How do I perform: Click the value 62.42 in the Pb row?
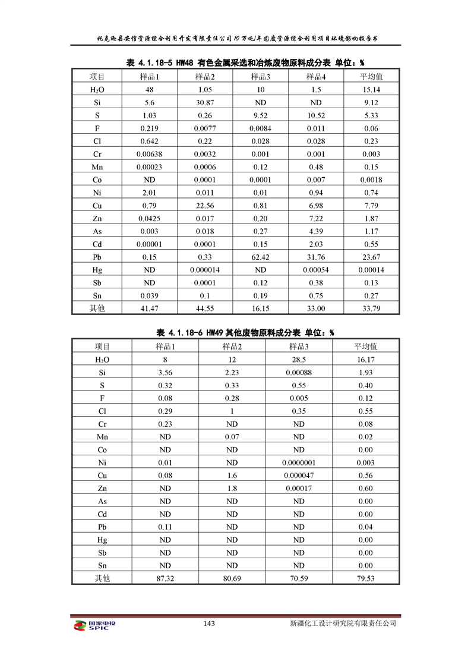260,257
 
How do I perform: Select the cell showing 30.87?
205,102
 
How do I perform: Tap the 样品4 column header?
316,77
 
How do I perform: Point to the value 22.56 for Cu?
205,205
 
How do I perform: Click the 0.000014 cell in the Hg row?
205,269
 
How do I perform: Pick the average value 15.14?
371,90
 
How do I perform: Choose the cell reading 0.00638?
149,154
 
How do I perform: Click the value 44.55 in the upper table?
205,308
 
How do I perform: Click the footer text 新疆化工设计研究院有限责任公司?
343,624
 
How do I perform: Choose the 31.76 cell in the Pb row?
316,257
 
